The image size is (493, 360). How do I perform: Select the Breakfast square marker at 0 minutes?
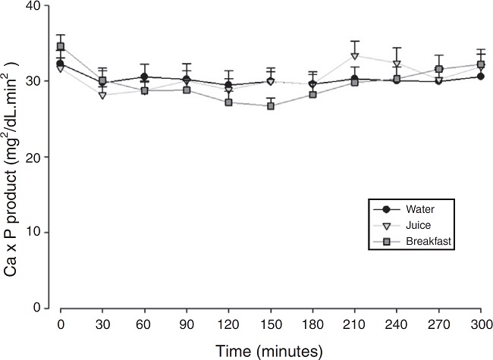click(61, 46)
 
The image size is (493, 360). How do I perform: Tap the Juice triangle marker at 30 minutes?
click(102, 95)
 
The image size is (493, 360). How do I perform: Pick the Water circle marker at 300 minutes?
click(480, 77)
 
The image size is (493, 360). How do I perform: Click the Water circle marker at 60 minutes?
click(144, 77)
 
